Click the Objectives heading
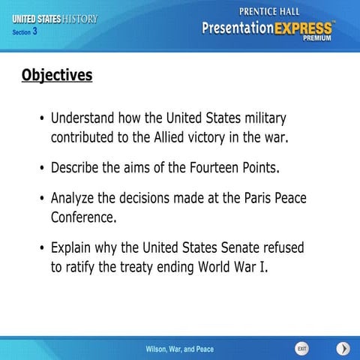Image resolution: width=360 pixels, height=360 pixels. [x=57, y=76]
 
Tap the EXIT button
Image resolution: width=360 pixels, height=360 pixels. [x=301, y=349]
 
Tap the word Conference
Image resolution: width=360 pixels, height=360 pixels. [x=83, y=218]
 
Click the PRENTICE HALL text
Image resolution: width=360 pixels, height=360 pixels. [x=267, y=10]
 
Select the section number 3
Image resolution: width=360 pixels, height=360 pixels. [x=34, y=32]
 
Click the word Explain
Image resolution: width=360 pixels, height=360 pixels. [x=73, y=247]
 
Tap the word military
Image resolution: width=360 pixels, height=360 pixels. [x=261, y=118]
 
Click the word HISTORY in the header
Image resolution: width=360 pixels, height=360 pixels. [x=79, y=18]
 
